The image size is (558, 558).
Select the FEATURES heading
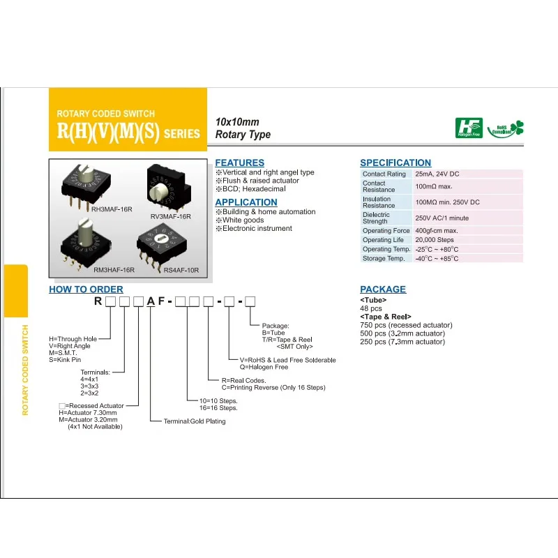239,163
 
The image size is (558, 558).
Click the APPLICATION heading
246,202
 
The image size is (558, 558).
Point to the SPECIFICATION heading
395,163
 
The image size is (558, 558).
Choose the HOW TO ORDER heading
86,289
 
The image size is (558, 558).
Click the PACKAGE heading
383,289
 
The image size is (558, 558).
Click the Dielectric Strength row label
377,218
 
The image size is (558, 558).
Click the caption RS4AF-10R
181,271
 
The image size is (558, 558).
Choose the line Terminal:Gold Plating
195,421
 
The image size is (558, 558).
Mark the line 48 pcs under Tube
371,308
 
